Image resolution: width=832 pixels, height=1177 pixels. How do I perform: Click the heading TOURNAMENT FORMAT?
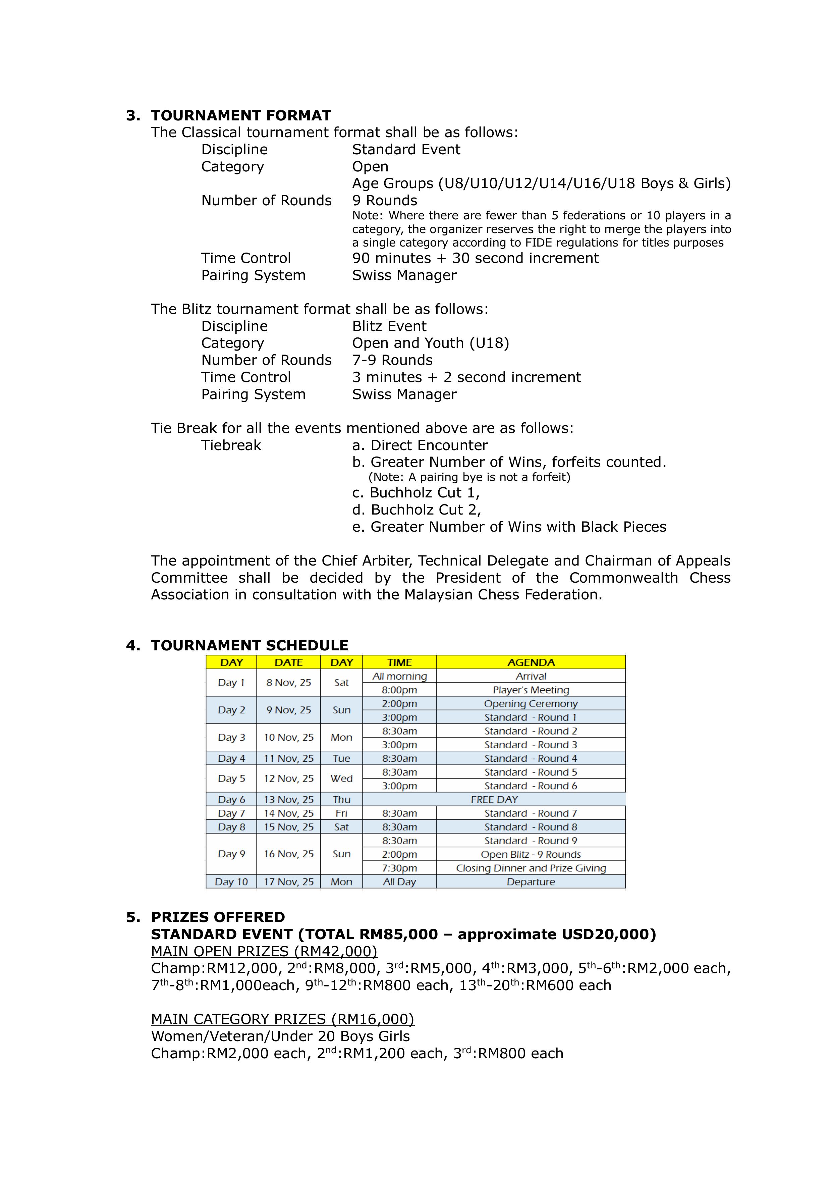coord(241,115)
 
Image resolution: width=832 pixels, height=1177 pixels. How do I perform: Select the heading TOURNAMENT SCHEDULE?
coord(249,645)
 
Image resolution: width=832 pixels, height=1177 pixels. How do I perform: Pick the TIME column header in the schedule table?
coord(399,662)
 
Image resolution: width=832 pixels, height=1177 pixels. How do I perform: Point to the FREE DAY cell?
coord(494,799)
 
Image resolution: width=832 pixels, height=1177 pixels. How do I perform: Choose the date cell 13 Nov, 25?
coord(289,799)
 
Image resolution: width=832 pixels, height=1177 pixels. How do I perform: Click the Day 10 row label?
coord(231,882)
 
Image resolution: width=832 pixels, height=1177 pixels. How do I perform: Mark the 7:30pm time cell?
coord(399,868)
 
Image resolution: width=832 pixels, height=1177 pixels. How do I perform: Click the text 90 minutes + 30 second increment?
coord(475,258)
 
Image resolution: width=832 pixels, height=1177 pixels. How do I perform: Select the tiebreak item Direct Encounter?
coord(429,445)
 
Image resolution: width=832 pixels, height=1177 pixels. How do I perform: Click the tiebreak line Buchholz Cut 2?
coord(426,510)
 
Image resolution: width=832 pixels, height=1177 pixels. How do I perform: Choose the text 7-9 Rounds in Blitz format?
coord(392,360)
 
